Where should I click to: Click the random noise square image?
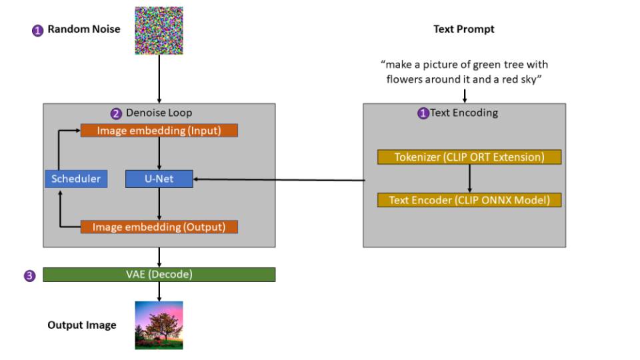point(159,31)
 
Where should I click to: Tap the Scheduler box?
point(76,179)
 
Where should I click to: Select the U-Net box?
point(159,179)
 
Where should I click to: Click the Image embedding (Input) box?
point(159,131)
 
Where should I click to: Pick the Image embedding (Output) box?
point(159,227)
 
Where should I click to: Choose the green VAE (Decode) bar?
point(159,274)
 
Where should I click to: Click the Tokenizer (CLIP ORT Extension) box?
point(469,157)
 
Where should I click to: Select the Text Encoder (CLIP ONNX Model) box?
point(469,200)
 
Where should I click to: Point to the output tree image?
point(159,325)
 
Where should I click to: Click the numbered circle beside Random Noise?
point(37,31)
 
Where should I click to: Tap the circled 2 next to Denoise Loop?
point(116,113)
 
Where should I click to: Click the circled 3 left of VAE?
point(29,276)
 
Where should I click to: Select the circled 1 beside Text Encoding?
point(423,113)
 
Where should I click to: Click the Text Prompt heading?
point(464,29)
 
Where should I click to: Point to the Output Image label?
point(82,325)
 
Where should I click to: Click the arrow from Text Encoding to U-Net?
point(279,179)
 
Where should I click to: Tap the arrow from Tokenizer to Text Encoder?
point(470,179)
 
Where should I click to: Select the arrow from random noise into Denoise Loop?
point(159,79)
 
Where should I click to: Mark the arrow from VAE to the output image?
point(159,291)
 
